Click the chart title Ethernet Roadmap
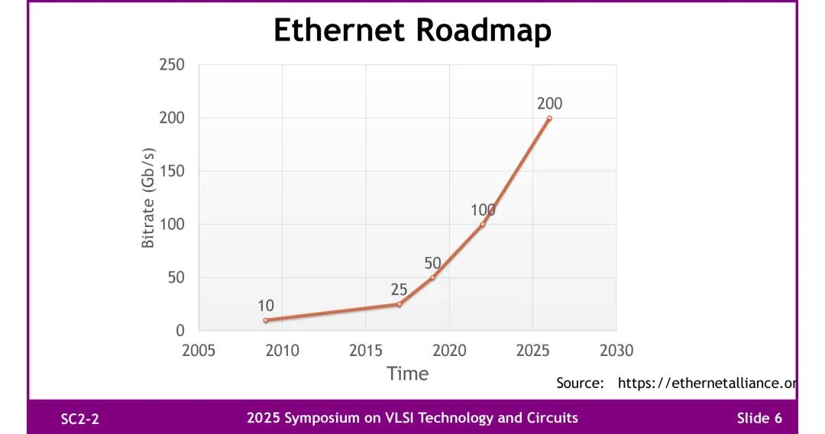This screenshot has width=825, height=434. (412, 31)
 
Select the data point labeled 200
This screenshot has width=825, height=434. (549, 118)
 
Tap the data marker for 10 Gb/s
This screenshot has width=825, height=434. (266, 320)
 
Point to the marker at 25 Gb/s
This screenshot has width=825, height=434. (399, 304)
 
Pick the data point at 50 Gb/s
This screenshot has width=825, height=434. (432, 277)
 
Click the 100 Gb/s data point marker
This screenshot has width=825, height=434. (483, 224)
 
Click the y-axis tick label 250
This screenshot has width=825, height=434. (172, 65)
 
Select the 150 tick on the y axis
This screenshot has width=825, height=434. (172, 171)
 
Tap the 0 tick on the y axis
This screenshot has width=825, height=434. (180, 331)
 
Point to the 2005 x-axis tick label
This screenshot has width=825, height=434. (199, 351)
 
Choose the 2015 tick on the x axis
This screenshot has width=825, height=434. (366, 351)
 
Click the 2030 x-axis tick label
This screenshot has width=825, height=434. (616, 351)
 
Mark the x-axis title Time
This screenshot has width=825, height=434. (407, 374)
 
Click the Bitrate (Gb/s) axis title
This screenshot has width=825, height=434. (148, 198)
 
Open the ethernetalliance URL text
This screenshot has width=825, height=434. (707, 384)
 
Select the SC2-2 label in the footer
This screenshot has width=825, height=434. (80, 419)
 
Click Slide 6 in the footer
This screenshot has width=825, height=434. (759, 418)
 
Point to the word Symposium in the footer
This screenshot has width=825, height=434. (319, 418)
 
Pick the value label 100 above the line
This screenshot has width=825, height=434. (483, 210)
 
